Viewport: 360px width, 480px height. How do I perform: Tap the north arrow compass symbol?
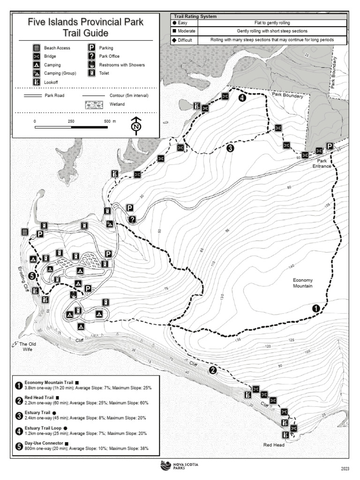[x=136, y=126]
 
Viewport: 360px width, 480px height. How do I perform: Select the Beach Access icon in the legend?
[x=36, y=48]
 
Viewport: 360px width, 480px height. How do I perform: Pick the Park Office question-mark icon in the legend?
[x=92, y=56]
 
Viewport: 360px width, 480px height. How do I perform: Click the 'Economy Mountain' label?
[x=303, y=283]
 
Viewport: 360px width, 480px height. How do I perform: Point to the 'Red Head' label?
[x=273, y=445]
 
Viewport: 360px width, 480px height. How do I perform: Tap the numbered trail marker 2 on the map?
[x=213, y=370]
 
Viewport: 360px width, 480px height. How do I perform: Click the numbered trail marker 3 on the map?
[x=230, y=148]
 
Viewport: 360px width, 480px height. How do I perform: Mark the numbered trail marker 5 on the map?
[x=32, y=276]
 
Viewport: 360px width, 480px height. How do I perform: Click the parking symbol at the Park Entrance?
[x=330, y=146]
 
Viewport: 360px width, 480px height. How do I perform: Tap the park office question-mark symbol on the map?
[x=133, y=219]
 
